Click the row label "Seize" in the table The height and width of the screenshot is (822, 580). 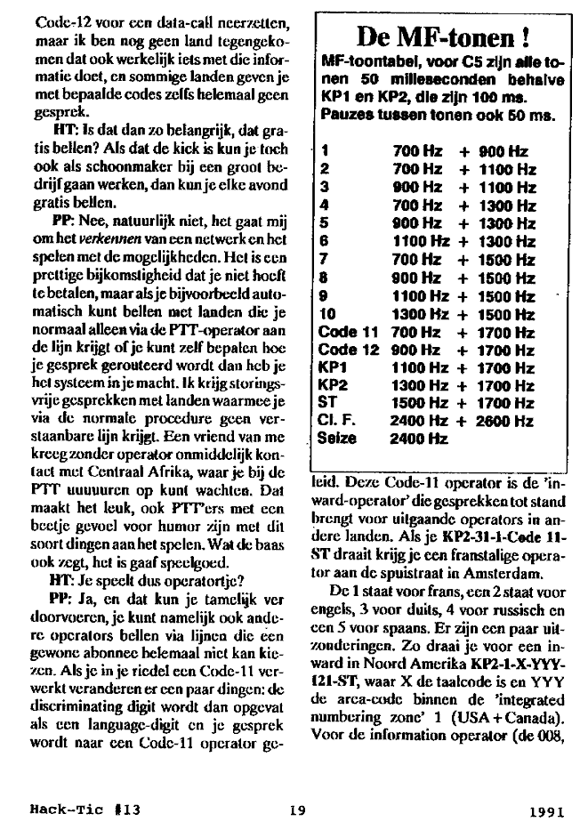tap(336, 438)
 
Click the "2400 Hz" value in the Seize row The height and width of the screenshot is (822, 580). tap(417, 438)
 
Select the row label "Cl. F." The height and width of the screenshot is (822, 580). tap(336, 422)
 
